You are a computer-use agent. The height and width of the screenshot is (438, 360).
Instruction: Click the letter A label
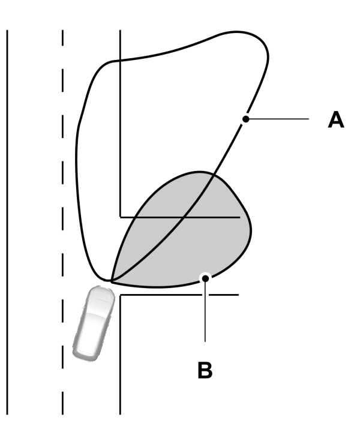click(x=336, y=119)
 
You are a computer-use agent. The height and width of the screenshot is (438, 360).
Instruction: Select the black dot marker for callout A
click(x=245, y=119)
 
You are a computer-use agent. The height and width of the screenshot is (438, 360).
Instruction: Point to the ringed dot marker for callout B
click(x=205, y=278)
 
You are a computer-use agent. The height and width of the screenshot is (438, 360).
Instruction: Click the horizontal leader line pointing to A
click(x=279, y=119)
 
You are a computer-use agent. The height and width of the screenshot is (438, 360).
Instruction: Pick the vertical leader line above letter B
click(x=205, y=312)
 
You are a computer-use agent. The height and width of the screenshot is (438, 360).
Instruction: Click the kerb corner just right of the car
click(x=121, y=295)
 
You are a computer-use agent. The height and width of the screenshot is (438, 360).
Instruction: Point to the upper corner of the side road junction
click(x=121, y=217)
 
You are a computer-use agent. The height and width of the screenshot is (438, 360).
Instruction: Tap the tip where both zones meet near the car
click(x=112, y=280)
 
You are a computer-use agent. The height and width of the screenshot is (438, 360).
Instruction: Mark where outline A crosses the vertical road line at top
click(x=121, y=60)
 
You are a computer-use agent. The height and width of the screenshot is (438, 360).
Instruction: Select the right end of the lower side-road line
click(x=238, y=295)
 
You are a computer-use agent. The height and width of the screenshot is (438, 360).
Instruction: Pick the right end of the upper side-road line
click(x=239, y=217)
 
